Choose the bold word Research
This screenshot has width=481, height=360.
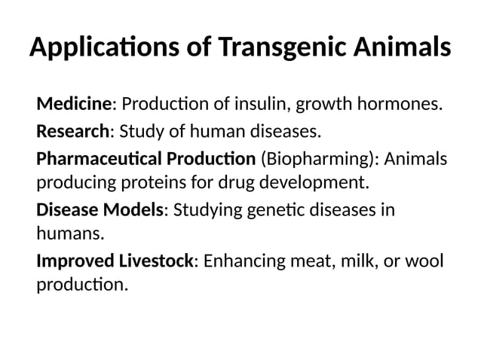pos(72,133)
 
